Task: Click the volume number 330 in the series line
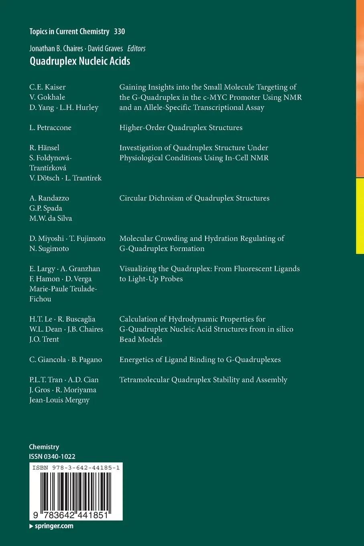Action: click(x=119, y=31)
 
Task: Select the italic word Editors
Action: click(x=136, y=49)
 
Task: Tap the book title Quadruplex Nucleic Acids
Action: click(x=79, y=61)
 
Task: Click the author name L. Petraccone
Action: click(x=50, y=128)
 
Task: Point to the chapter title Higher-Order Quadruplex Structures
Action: click(x=181, y=128)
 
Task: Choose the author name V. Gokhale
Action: click(x=47, y=97)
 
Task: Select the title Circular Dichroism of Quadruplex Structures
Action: click(x=194, y=198)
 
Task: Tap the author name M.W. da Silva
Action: click(x=51, y=218)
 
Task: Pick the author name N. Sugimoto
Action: click(x=49, y=249)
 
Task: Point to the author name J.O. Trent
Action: click(x=44, y=339)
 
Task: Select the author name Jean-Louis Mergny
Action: click(x=59, y=400)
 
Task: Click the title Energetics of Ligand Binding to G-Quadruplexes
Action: click(x=200, y=360)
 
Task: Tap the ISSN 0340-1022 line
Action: click(x=52, y=456)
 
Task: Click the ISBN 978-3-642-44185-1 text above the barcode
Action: click(x=75, y=468)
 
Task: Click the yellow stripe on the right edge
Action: click(x=360, y=216)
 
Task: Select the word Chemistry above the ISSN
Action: click(x=44, y=447)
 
